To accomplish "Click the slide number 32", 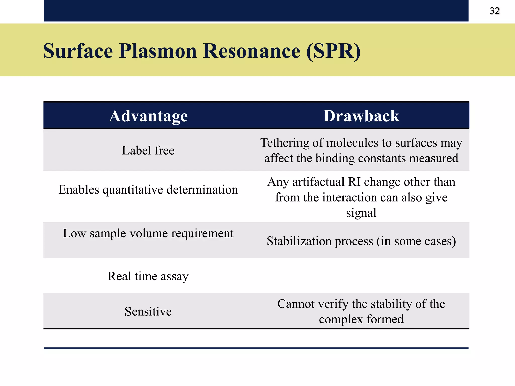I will pyautogui.click(x=495, y=11).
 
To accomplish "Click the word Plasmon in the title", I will pyautogui.click(x=158, y=51).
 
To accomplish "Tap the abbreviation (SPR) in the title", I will pyautogui.click(x=333, y=51).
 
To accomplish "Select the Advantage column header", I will pyautogui.click(x=148, y=116).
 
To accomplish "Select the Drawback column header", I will pyautogui.click(x=361, y=116).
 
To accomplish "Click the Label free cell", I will pyautogui.click(x=148, y=151).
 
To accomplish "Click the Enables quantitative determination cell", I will pyautogui.click(x=148, y=190).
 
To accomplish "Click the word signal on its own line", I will pyautogui.click(x=361, y=213).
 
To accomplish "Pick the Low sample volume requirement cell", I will pyautogui.click(x=148, y=233).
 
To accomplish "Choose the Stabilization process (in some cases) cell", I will pyautogui.click(x=361, y=241).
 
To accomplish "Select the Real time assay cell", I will pyautogui.click(x=148, y=276).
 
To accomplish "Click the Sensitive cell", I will pyautogui.click(x=148, y=312).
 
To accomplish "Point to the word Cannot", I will pyautogui.click(x=296, y=304).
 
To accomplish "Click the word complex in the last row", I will pyautogui.click(x=341, y=319).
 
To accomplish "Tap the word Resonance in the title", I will pyautogui.click(x=252, y=51).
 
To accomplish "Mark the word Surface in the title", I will pyautogui.click(x=78, y=51).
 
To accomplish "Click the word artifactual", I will pyautogui.click(x=318, y=182).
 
